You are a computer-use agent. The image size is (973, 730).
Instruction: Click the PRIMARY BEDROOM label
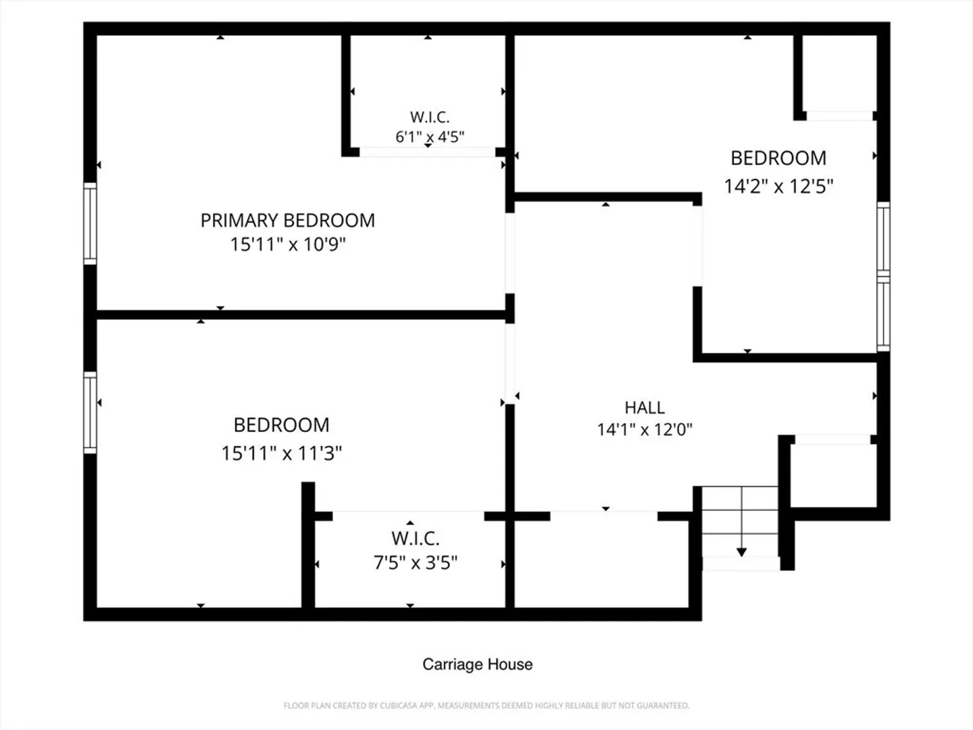click(x=288, y=221)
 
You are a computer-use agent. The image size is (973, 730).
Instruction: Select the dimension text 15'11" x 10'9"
click(x=288, y=244)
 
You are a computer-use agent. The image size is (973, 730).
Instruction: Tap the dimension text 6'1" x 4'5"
click(x=430, y=137)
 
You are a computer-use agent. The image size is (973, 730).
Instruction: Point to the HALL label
click(x=645, y=408)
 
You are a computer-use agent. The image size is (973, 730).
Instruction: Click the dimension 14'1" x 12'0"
click(x=645, y=429)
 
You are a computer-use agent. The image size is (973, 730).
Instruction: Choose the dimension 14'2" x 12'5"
click(x=778, y=186)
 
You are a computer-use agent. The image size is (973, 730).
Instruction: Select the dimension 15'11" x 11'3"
click(x=282, y=453)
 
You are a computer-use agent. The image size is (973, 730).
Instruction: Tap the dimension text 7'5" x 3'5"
click(x=416, y=563)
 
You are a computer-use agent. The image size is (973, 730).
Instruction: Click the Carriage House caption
click(x=478, y=664)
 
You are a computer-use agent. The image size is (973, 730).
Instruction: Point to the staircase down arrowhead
click(x=742, y=552)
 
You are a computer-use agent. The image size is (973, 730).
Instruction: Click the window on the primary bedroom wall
click(x=90, y=224)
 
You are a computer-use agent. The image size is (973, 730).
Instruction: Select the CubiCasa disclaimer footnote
click(x=487, y=706)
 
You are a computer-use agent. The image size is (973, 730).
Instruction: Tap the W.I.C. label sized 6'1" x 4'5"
click(x=430, y=118)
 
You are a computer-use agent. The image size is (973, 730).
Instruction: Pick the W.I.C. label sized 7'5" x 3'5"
click(x=416, y=539)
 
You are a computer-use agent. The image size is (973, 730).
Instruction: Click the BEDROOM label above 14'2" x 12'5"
click(x=778, y=158)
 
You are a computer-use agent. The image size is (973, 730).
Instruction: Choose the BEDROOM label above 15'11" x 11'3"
click(x=282, y=425)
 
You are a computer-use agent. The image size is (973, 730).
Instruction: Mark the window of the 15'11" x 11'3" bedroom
click(x=90, y=412)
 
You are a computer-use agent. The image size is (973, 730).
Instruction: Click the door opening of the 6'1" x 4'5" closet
click(x=427, y=152)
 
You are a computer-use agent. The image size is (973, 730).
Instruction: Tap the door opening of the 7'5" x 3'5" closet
click(x=408, y=516)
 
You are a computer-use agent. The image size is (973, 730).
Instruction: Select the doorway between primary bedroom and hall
click(x=510, y=253)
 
